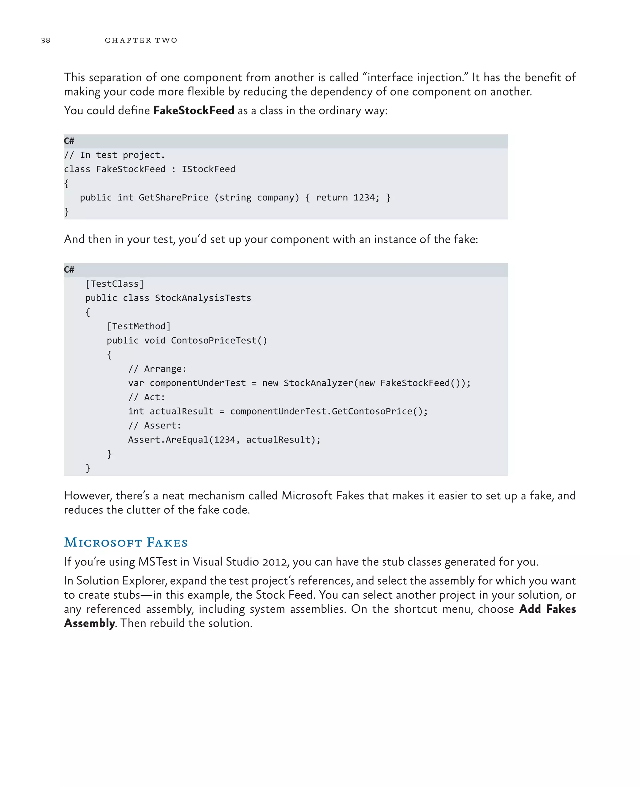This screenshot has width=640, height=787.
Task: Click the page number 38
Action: click(x=46, y=41)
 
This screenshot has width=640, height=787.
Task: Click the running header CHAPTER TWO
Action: click(x=141, y=41)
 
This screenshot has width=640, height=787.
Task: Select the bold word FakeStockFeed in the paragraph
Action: click(x=193, y=111)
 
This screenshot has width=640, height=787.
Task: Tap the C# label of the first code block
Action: click(x=69, y=141)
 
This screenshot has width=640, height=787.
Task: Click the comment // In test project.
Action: click(x=114, y=155)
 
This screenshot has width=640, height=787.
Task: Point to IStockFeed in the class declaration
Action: click(x=208, y=170)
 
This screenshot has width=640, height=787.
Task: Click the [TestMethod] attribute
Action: click(x=139, y=326)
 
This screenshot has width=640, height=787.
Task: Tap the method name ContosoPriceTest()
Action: click(x=219, y=341)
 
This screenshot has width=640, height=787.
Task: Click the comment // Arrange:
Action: click(x=157, y=369)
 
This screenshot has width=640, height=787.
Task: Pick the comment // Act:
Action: click(x=147, y=398)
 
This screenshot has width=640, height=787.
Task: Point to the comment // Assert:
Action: click(x=155, y=426)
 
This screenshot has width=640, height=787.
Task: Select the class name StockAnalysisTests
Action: click(x=203, y=298)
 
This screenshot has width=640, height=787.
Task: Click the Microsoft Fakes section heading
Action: click(x=126, y=543)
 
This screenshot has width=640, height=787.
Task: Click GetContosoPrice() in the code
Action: click(x=379, y=412)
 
